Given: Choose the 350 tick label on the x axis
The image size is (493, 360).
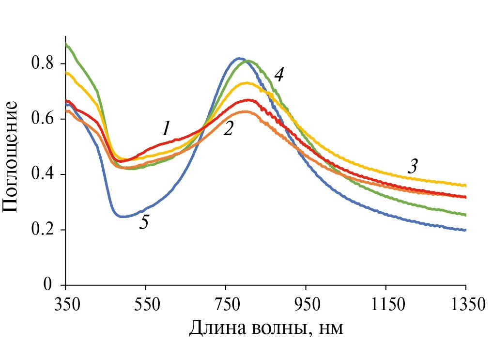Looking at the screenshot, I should pos(65,306).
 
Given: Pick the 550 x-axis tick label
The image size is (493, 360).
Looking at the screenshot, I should pos(146,306).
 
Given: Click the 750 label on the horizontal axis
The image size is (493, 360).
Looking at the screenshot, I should pos(226,306).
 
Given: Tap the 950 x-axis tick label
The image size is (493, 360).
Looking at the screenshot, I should pos(306,306).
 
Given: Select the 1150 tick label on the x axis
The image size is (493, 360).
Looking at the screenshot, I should pos(386,306).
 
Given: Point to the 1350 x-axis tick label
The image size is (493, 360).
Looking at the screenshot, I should pos(465,306).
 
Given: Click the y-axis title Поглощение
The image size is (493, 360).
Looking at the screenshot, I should pos(11,156).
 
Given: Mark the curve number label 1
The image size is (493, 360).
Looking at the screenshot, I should pos(166,129).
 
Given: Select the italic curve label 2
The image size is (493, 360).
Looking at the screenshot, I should pos(229,128).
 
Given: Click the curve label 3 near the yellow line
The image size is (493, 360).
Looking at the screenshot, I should pos(412,166).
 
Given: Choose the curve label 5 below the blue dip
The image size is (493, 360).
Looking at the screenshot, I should pos(143,222).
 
